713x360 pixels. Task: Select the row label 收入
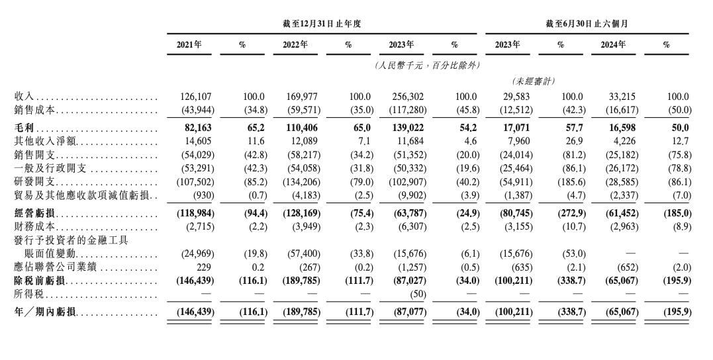tap(24, 97)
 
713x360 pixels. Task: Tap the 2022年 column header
tap(295, 45)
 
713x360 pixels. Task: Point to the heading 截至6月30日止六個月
tap(587, 23)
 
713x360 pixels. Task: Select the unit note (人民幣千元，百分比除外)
tap(426, 66)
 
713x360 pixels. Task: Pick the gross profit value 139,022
tap(406, 126)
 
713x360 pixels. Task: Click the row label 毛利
tap(24, 126)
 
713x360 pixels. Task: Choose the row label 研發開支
tap(33, 181)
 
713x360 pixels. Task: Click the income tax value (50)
tap(416, 294)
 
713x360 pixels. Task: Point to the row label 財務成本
tap(33, 227)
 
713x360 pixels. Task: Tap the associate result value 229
tap(203, 268)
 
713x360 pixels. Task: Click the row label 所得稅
tap(28, 294)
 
